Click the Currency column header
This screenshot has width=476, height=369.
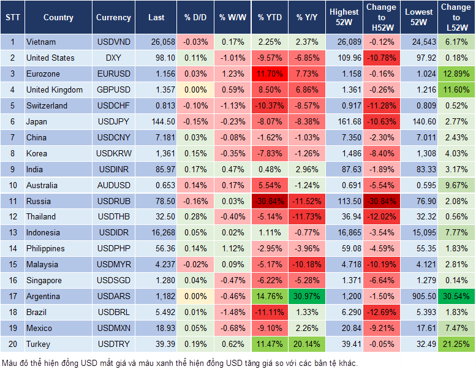point(113,18)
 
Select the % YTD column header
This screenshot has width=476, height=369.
point(270,18)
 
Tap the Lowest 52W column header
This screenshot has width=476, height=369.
point(420,17)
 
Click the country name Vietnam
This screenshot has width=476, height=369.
point(41,42)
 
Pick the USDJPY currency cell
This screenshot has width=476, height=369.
point(113,122)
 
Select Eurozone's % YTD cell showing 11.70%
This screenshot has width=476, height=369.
point(270,74)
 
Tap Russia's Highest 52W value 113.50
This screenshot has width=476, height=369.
point(344,201)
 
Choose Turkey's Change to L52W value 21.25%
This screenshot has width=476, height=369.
point(455,344)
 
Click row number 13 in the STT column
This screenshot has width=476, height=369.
point(12,233)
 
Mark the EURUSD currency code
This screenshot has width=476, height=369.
point(113,74)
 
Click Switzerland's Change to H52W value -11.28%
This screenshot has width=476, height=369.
point(381,106)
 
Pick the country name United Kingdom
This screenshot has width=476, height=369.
point(55,90)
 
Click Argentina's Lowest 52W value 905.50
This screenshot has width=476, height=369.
point(420,297)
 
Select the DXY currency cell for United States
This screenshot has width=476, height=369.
point(113,58)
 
